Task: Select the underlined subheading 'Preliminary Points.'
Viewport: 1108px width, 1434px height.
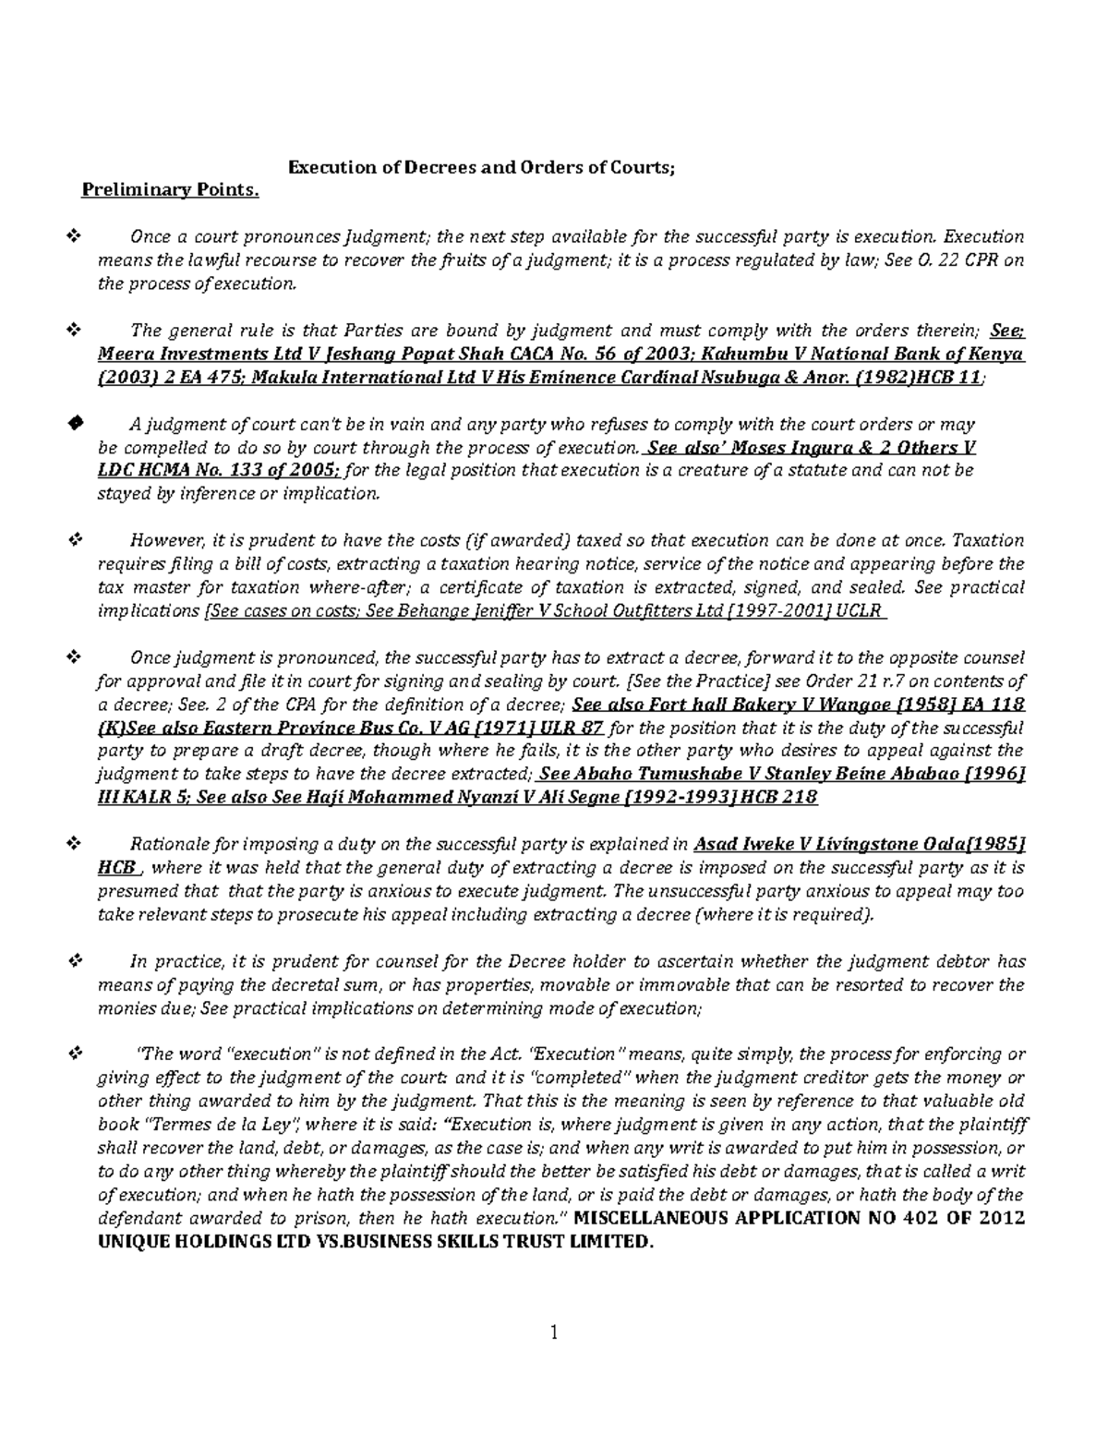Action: tap(171, 190)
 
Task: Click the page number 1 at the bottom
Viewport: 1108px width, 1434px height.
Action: tap(554, 1332)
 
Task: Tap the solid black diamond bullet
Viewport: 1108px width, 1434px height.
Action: tap(76, 423)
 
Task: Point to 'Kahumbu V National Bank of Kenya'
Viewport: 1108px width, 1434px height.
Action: tap(862, 355)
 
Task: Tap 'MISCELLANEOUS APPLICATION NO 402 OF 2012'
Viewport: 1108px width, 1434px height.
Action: tap(800, 1218)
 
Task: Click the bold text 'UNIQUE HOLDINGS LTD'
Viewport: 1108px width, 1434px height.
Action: tap(188, 1242)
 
